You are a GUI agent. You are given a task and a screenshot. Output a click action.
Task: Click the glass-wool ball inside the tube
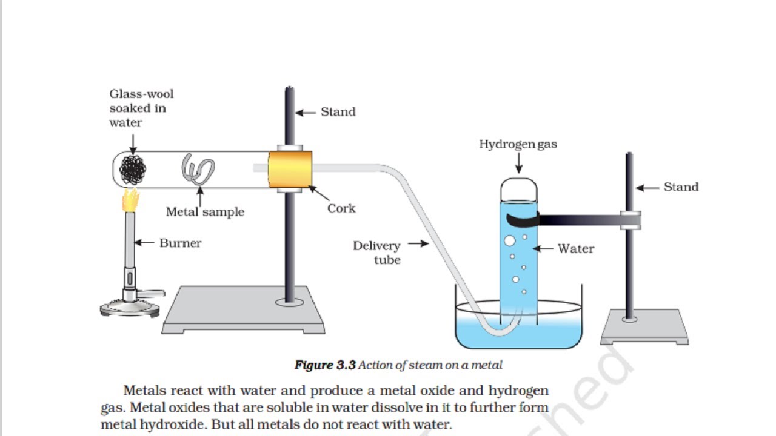pyautogui.click(x=133, y=170)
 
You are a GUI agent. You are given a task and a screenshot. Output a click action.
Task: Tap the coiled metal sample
pyautogui.click(x=198, y=170)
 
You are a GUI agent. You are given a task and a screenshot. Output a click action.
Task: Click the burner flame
pyautogui.click(x=130, y=200)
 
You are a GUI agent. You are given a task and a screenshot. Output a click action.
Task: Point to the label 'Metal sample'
pyautogui.click(x=205, y=212)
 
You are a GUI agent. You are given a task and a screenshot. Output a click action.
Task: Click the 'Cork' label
pyautogui.click(x=341, y=208)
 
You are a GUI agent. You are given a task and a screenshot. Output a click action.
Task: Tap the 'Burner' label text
pyautogui.click(x=180, y=243)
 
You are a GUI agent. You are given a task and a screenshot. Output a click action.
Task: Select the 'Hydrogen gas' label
pyautogui.click(x=518, y=144)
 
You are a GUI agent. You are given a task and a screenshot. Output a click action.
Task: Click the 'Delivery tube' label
pyautogui.click(x=377, y=253)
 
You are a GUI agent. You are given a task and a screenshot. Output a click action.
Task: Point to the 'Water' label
pyautogui.click(x=575, y=248)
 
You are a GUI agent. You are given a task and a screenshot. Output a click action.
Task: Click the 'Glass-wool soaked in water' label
pyautogui.click(x=141, y=108)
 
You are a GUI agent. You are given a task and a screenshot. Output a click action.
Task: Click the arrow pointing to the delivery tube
pyautogui.click(x=418, y=244)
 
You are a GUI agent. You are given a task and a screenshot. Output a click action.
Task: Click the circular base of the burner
pyautogui.click(x=130, y=308)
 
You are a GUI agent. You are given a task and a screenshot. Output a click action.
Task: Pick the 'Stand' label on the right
pyautogui.click(x=681, y=187)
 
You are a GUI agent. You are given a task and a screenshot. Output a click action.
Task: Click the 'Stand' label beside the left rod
pyautogui.click(x=338, y=112)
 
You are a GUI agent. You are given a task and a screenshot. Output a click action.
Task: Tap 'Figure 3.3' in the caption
pyautogui.click(x=325, y=365)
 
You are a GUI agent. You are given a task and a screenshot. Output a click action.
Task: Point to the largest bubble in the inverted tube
pyautogui.click(x=510, y=241)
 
